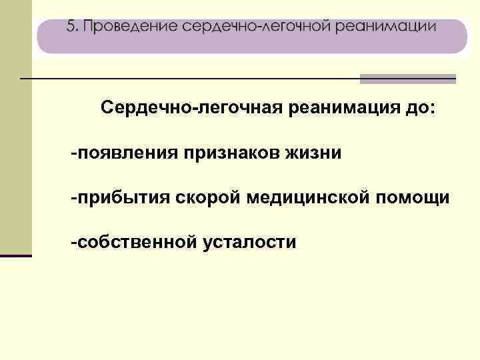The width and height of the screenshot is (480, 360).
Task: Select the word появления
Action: click(x=131, y=153)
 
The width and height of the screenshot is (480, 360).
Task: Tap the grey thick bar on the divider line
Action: click(x=407, y=79)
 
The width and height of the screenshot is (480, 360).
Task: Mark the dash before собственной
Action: click(x=75, y=243)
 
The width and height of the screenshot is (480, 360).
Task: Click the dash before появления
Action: click(x=75, y=153)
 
